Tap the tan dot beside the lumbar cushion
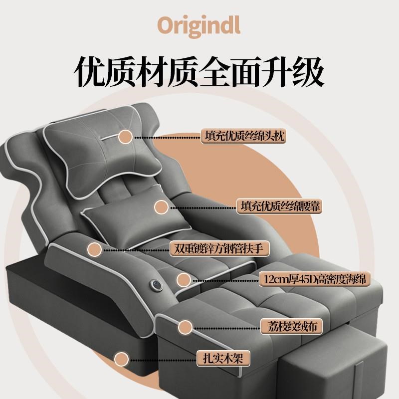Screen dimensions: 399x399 (161, 206)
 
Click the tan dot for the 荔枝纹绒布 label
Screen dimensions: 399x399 (185, 327)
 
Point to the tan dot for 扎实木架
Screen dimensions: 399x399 (121, 358)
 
